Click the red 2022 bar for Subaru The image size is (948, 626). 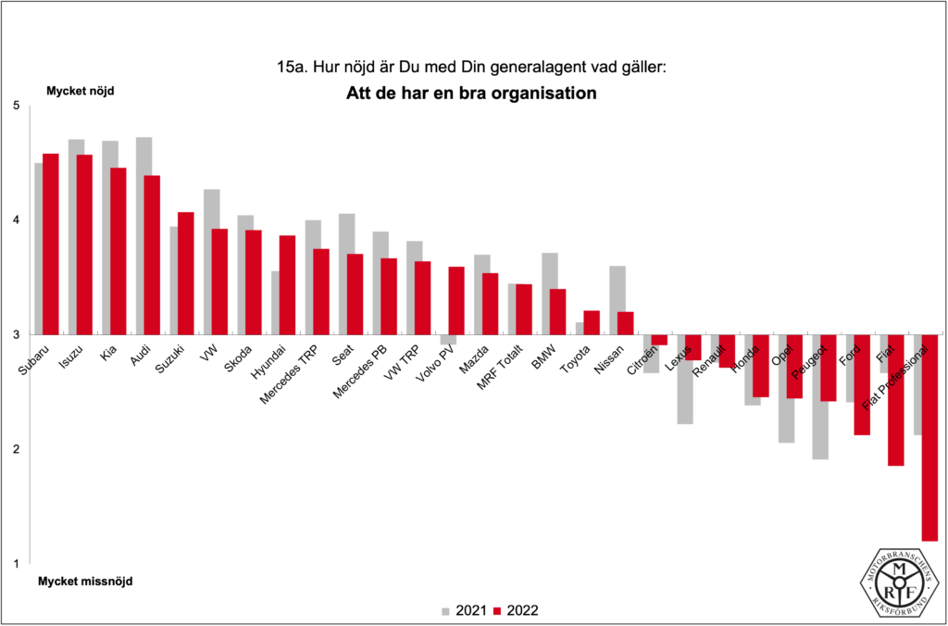pos(51,244)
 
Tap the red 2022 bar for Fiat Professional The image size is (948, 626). pos(929,437)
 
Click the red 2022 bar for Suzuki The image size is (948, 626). pos(186,273)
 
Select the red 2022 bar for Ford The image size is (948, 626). pos(862,384)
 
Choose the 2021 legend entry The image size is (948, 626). pos(460,610)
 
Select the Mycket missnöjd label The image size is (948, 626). pos(85,582)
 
